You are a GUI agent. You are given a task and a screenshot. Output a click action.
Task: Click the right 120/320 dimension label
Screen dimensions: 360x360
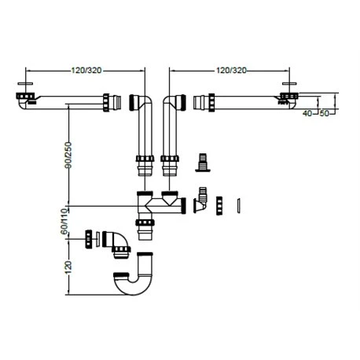(229, 69)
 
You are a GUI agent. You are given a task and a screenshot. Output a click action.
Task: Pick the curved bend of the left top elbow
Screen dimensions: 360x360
(140, 102)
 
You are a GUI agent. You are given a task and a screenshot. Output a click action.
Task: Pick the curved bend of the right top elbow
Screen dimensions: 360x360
(171, 102)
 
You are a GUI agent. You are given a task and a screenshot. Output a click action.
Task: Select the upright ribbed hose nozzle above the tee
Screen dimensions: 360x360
(201, 163)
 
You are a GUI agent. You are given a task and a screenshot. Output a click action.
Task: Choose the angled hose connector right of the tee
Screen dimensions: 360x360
(202, 200)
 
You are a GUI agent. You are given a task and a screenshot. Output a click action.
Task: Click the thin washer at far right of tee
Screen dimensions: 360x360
(239, 204)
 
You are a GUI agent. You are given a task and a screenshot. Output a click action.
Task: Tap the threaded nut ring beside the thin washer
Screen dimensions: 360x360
(222, 204)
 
